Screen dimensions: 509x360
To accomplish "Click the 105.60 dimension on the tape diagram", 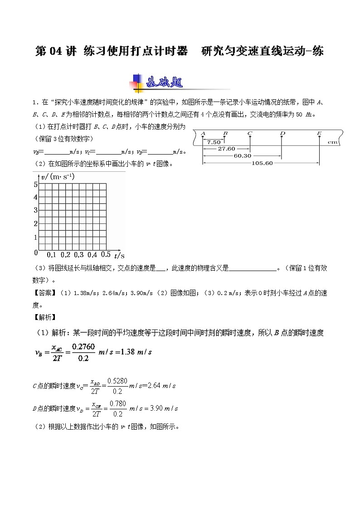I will [x=262, y=163].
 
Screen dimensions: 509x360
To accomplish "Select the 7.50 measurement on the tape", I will [x=214, y=142].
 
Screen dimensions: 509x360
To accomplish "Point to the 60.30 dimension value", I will [x=243, y=156].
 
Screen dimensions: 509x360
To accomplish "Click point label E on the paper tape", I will [x=319, y=133].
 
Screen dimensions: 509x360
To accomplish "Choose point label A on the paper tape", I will [x=203, y=133].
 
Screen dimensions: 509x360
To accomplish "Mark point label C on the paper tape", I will [x=250, y=133].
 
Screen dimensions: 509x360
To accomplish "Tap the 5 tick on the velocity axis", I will [x=35, y=184].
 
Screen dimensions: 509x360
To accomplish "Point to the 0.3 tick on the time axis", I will [x=78, y=255].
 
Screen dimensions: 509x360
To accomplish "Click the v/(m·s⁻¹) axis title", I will [x=58, y=176].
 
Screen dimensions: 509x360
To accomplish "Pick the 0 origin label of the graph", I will [x=36, y=252].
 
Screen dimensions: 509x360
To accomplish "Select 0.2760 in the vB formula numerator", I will [x=83, y=346].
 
